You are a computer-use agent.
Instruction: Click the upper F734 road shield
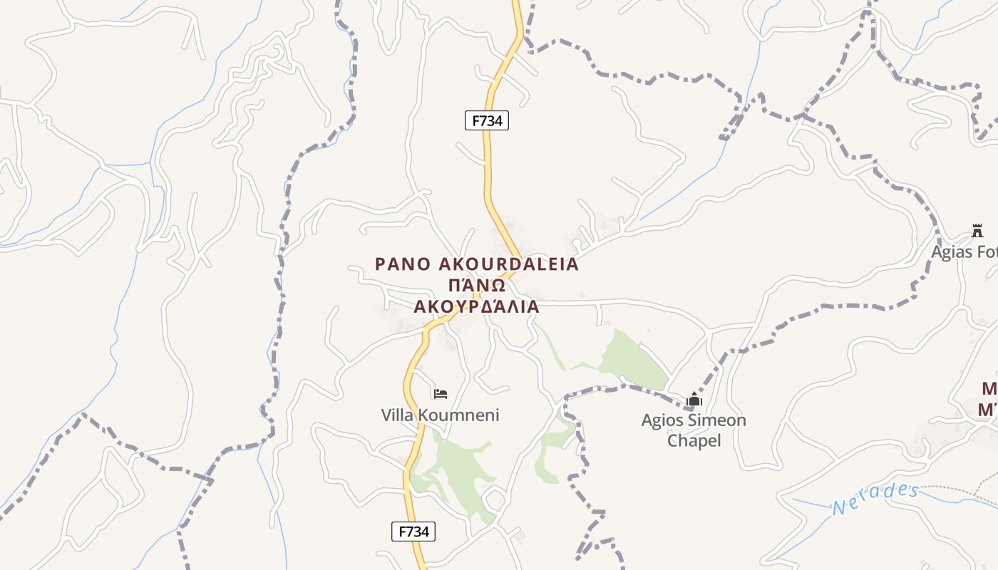point(487,120)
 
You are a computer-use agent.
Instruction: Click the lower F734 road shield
point(413,532)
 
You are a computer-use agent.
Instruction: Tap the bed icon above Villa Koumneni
point(441,393)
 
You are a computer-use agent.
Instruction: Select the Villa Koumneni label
point(440,415)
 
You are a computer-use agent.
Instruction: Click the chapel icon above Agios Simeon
point(694,400)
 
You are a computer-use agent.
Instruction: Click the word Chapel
point(694,440)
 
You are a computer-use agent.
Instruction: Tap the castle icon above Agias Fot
point(977,231)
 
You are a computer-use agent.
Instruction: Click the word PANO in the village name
point(403,264)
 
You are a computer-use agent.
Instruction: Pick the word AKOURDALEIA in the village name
point(508,264)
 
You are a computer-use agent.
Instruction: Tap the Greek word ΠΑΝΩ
point(477,286)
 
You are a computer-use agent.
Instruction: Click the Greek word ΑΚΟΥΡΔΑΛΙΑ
point(477,307)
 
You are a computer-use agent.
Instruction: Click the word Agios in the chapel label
point(662,420)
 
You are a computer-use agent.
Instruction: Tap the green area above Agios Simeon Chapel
point(631,360)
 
